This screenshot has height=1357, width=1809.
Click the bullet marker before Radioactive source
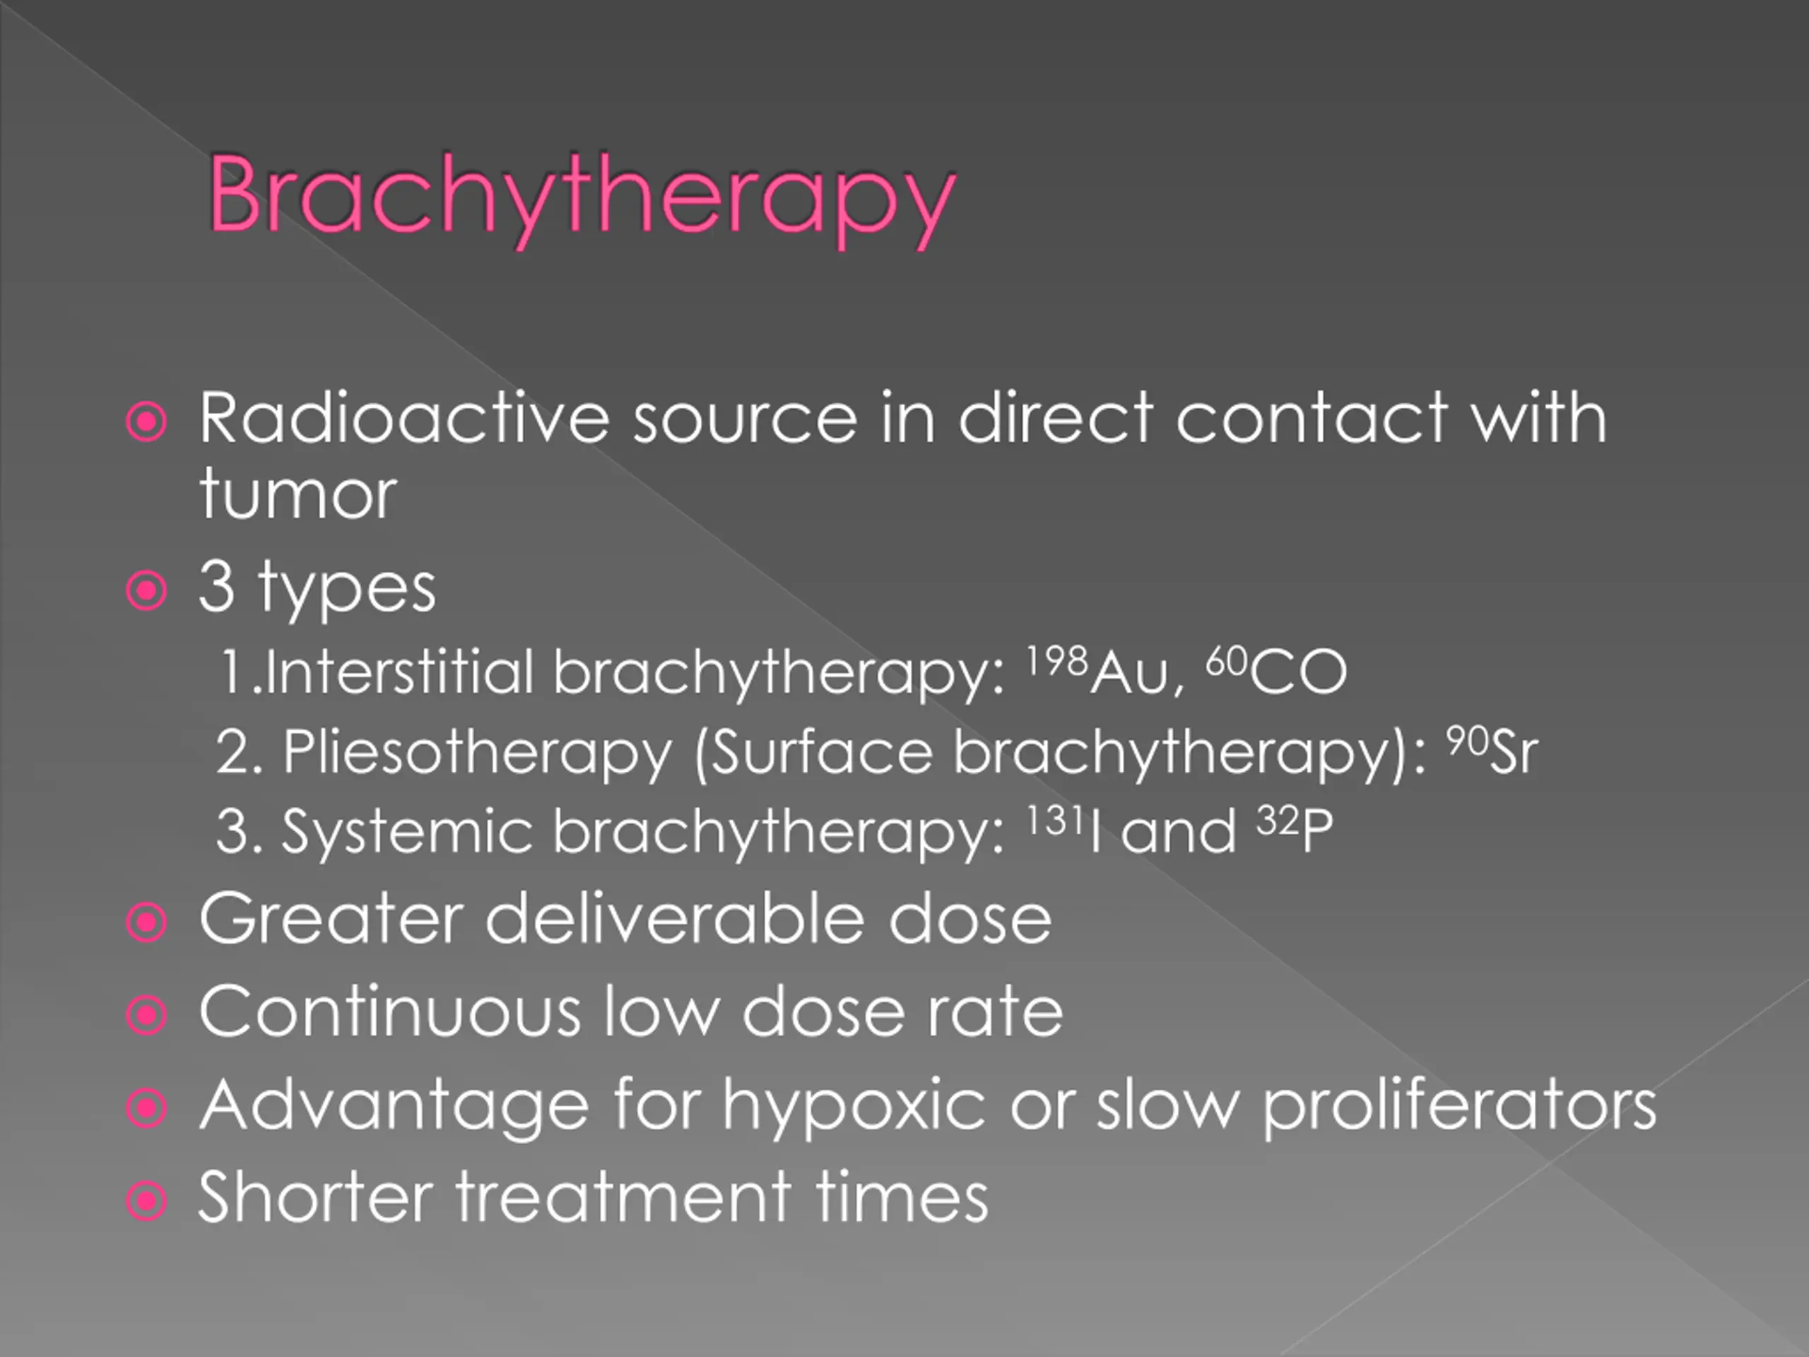(x=147, y=422)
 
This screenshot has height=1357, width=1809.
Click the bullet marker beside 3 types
(x=147, y=589)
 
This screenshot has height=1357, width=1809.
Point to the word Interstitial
(x=400, y=671)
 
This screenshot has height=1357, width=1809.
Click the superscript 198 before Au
(x=1056, y=660)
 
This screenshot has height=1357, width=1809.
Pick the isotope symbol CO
(x=1298, y=672)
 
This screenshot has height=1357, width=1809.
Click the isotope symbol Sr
(x=1514, y=752)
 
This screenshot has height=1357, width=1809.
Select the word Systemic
(x=406, y=833)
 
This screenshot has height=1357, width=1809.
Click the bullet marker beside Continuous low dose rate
(x=147, y=1015)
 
